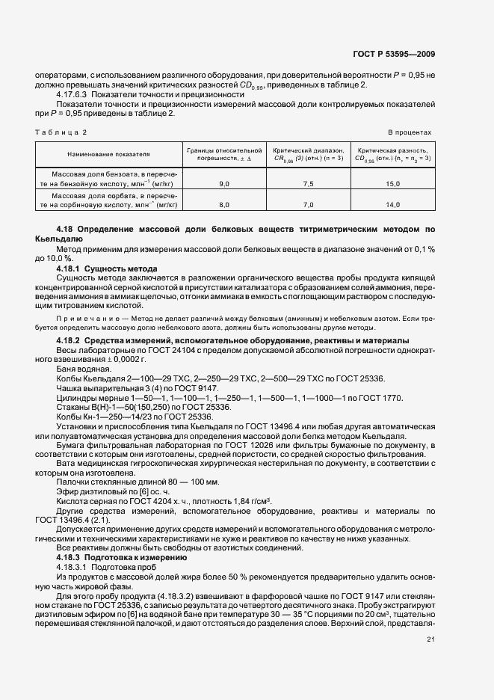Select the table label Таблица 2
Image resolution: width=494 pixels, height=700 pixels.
coord(61,132)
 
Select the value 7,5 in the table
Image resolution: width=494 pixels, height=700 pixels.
coord(308,183)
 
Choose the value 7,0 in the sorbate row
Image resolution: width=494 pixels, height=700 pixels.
coord(308,203)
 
